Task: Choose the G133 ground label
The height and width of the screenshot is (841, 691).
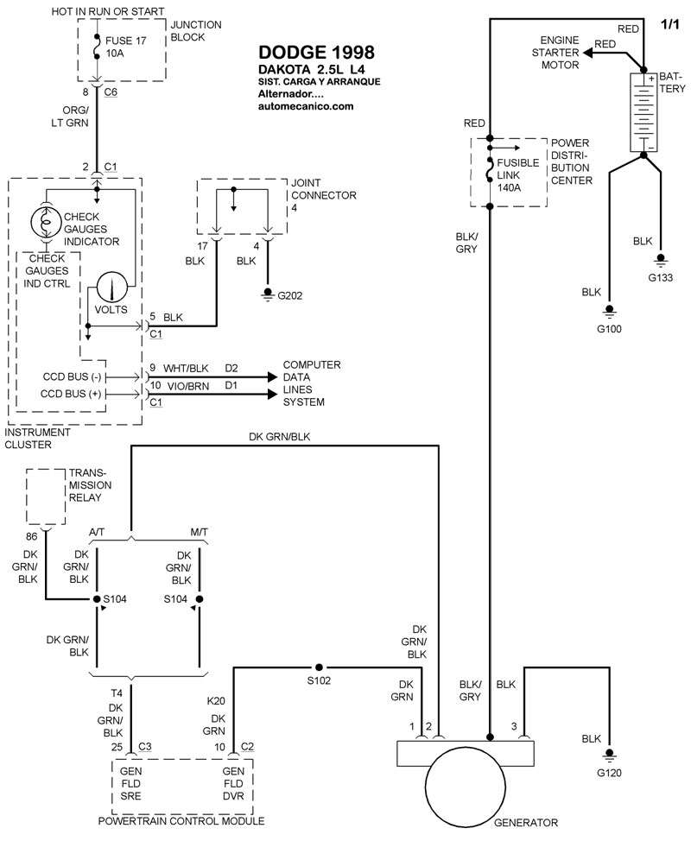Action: tap(660, 277)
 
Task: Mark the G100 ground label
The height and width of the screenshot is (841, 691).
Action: tap(609, 328)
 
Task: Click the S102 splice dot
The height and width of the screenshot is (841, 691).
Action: tap(319, 667)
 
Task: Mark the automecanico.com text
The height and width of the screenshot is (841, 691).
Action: tap(306, 106)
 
